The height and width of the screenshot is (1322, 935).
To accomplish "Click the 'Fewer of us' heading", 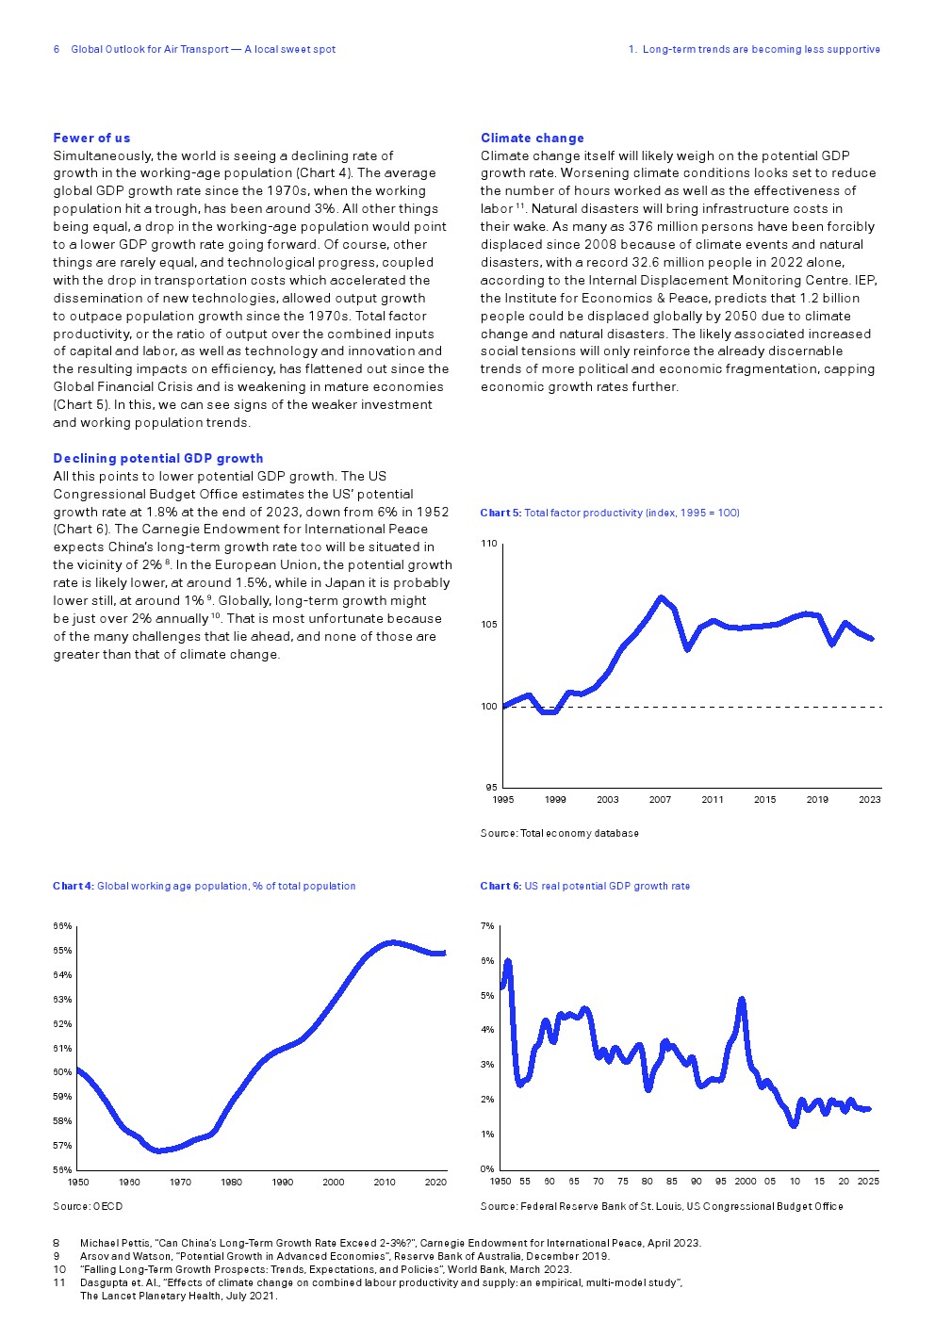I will pyautogui.click(x=91, y=138).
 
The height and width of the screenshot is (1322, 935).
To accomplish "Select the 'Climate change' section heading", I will pyautogui.click(x=533, y=138).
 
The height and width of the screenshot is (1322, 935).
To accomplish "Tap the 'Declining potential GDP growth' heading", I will pyautogui.click(x=158, y=458).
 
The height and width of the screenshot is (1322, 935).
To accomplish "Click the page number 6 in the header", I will pyautogui.click(x=57, y=49).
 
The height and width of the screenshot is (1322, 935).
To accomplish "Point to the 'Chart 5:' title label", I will pyautogui.click(x=500, y=513).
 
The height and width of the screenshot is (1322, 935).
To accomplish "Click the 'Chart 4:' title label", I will pyautogui.click(x=74, y=886).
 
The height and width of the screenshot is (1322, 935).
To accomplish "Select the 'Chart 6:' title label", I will pyautogui.click(x=500, y=886).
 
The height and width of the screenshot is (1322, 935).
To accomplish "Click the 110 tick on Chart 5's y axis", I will pyautogui.click(x=488, y=544).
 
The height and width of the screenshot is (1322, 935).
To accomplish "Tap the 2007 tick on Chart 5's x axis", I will pyautogui.click(x=660, y=800).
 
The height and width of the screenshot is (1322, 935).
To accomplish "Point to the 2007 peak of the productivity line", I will pyautogui.click(x=661, y=597).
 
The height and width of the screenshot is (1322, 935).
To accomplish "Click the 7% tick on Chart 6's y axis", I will pyautogui.click(x=487, y=926).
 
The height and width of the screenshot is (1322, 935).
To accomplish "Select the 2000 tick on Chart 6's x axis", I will pyautogui.click(x=745, y=1181).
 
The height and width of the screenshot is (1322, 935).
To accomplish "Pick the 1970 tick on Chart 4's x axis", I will pyautogui.click(x=180, y=1182).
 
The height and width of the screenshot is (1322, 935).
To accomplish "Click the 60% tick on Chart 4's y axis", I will pyautogui.click(x=62, y=1072).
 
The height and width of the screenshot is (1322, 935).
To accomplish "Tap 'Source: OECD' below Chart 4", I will pyautogui.click(x=88, y=1206).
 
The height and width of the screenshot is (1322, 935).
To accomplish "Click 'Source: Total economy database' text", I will pyautogui.click(x=560, y=833).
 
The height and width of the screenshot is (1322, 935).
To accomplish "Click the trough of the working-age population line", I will pyautogui.click(x=159, y=1151).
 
